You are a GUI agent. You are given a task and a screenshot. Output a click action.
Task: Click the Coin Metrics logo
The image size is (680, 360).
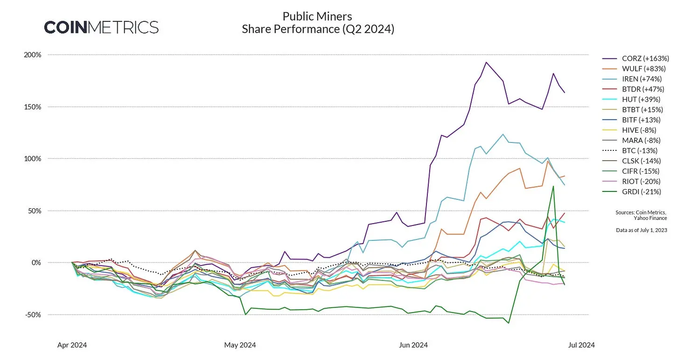pos(101,27)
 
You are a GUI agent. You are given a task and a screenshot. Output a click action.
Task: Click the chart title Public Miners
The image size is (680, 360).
pos(317,17)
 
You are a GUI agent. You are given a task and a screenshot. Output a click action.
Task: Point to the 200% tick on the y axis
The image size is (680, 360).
pos(33,55)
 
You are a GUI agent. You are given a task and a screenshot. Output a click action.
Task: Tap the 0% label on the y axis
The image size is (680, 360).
pos(36,262)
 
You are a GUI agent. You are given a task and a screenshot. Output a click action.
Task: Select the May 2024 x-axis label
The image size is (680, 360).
pos(240,346)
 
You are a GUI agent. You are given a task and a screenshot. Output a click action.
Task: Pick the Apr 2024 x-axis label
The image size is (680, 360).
pos(72,346)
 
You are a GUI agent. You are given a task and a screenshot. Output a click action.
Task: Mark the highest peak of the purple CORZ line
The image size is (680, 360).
pos(486,62)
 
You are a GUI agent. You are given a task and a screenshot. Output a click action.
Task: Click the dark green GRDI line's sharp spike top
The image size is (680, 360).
pos(553,186)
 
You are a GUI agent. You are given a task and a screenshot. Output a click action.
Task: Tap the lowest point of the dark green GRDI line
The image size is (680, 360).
pos(509,323)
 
